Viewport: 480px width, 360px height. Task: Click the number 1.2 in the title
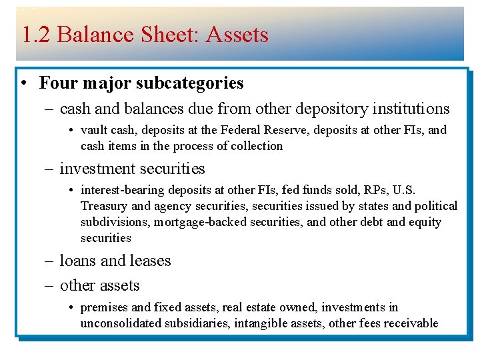[35, 35]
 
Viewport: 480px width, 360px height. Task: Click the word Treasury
[103, 207]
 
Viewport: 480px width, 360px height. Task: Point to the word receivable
[412, 323]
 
